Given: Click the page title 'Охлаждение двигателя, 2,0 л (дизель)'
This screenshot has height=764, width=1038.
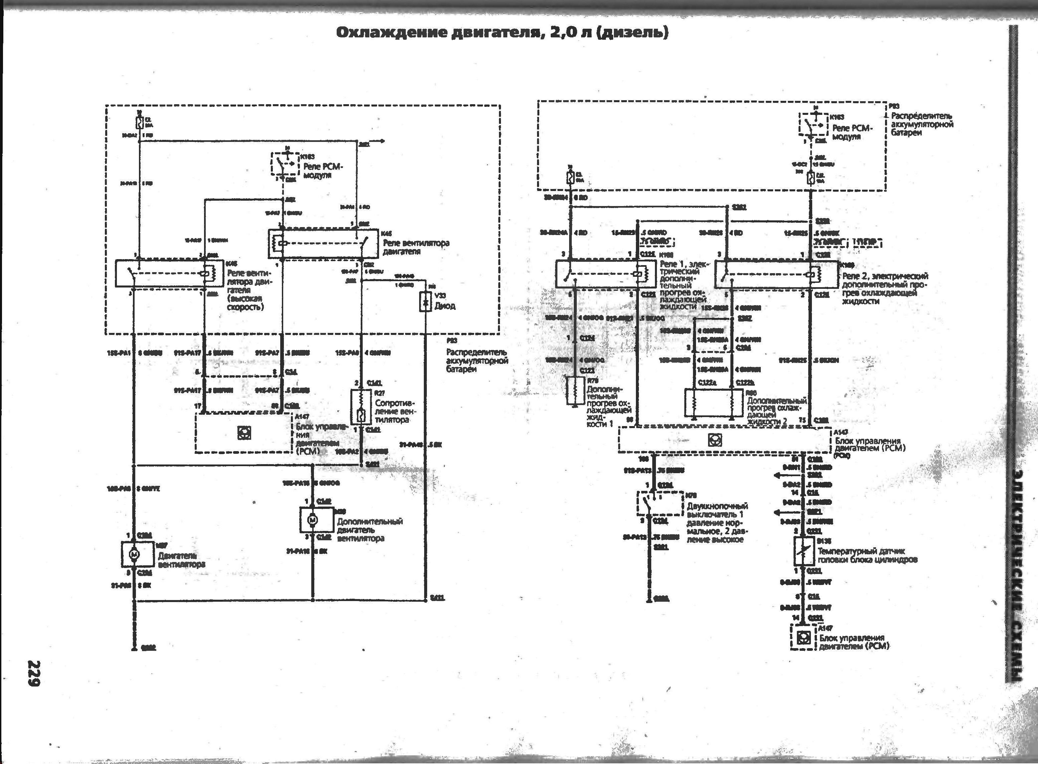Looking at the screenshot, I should click(502, 33).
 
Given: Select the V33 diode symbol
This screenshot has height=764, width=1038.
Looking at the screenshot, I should click(425, 302).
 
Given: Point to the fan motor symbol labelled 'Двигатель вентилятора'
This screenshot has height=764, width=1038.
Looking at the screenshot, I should click(135, 554).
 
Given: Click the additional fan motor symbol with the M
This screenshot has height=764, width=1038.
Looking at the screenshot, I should click(312, 520).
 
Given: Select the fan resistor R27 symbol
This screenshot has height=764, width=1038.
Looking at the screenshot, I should click(361, 407).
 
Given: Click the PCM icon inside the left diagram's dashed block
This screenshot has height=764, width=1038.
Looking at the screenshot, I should click(244, 432).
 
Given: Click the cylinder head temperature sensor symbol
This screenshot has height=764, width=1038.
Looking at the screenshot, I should click(804, 550).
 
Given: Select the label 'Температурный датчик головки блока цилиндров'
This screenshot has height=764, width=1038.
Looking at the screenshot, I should click(867, 555).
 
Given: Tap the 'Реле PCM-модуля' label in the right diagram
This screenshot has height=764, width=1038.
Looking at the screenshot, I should click(852, 132).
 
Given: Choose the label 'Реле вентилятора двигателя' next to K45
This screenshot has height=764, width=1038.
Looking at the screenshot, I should click(416, 247).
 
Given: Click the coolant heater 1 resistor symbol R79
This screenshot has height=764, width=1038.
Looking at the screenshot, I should click(575, 391).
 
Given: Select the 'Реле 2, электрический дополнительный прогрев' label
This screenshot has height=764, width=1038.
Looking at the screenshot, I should click(885, 288).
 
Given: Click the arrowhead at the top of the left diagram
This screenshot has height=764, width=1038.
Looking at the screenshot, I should click(382, 141).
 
